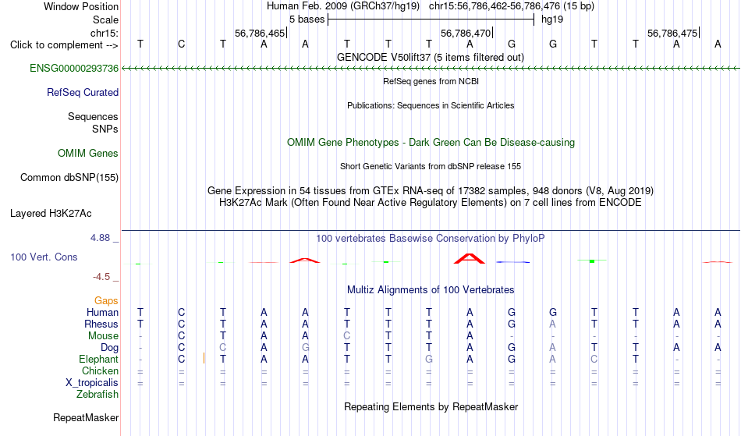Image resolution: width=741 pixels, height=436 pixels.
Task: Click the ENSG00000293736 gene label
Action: [x=74, y=68]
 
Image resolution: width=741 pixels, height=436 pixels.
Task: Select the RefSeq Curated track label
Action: [x=83, y=92]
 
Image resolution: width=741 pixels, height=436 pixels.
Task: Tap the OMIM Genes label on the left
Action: [x=88, y=153]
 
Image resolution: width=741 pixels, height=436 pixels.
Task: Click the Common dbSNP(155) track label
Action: [x=69, y=177]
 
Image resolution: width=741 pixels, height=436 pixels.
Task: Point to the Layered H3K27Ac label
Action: [x=51, y=213]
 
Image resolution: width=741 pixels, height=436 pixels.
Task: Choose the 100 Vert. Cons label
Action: [x=44, y=257]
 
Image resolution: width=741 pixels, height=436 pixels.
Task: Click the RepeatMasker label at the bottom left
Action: [x=86, y=417]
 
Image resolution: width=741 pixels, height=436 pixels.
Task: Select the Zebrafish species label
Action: [x=97, y=394]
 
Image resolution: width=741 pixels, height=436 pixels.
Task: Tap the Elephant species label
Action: [x=99, y=359]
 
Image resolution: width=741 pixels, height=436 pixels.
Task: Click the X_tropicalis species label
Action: [x=92, y=383]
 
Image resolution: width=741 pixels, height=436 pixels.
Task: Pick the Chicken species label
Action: [x=100, y=370]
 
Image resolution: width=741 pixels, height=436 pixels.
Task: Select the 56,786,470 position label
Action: [x=466, y=33]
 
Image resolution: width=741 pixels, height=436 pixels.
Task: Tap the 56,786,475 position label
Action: [x=672, y=33]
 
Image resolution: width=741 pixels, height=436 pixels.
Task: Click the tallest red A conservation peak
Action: [x=470, y=258]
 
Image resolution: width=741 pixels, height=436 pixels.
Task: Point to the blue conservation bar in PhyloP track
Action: [x=512, y=262]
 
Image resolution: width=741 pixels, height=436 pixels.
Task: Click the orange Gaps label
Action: [x=106, y=300]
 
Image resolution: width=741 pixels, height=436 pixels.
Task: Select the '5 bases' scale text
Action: [x=307, y=19]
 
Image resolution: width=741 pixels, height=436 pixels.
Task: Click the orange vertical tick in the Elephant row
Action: [x=204, y=358]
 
